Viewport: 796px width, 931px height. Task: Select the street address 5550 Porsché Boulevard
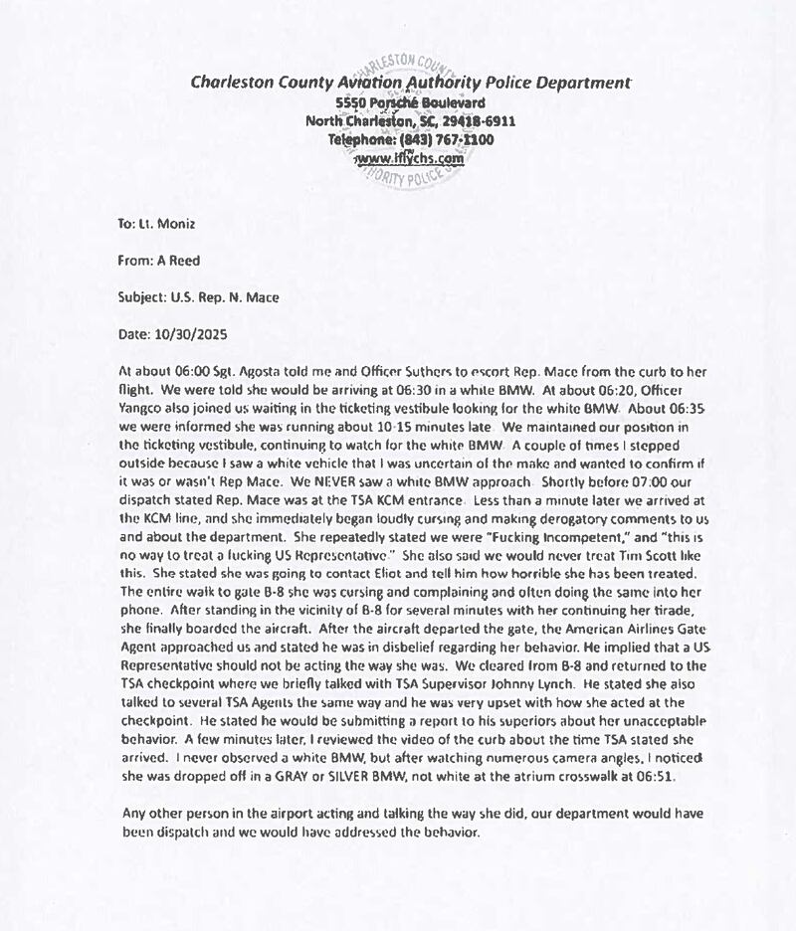(410, 103)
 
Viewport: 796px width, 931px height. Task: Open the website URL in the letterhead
(410, 158)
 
